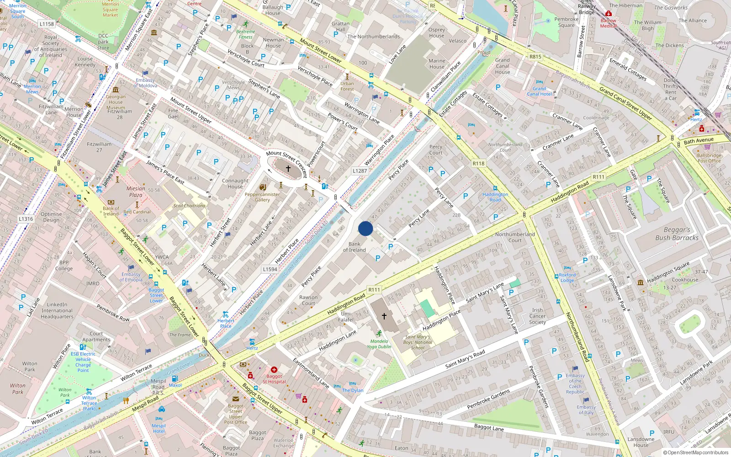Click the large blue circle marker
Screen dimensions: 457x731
(x=365, y=228)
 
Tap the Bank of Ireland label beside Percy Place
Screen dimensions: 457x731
(x=355, y=247)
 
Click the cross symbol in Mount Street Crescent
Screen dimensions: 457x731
(x=288, y=169)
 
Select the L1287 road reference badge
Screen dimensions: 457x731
(x=360, y=171)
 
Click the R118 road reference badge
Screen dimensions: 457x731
(x=478, y=163)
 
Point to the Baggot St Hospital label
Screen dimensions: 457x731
(x=274, y=379)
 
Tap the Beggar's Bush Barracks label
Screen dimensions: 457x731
(x=677, y=234)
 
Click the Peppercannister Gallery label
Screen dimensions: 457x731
(x=262, y=197)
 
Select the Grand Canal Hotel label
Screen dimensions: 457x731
(x=539, y=91)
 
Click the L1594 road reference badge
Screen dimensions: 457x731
(x=270, y=269)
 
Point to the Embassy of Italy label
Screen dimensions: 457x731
(x=586, y=409)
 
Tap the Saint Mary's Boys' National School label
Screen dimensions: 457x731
(x=418, y=342)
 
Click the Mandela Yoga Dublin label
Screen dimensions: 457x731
(x=379, y=344)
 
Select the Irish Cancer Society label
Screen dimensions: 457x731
(x=537, y=316)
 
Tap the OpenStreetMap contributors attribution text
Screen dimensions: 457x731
(x=695, y=453)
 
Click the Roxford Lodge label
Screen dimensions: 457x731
(x=567, y=278)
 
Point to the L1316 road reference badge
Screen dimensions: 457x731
(x=26, y=219)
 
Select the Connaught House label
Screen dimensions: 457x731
(x=235, y=183)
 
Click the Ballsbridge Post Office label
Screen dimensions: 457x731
(x=709, y=158)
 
